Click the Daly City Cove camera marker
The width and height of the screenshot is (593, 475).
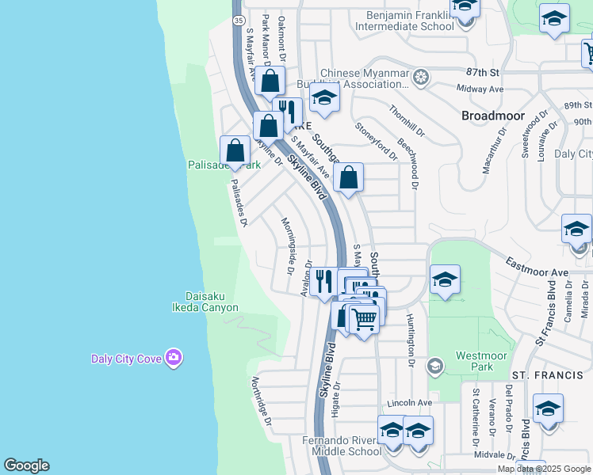(174, 358)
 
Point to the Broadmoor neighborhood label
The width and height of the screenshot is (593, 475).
(493, 116)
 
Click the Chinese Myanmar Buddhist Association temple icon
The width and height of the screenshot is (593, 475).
(421, 77)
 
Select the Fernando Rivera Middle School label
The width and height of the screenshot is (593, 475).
(342, 446)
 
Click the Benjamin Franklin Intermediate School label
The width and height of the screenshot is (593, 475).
(410, 21)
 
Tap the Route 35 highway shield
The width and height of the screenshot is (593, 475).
(237, 21)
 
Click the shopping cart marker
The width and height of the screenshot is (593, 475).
(364, 319)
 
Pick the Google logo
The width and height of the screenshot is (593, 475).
(26, 465)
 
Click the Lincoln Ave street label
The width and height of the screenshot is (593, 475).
(414, 403)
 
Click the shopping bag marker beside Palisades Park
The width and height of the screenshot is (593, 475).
(235, 150)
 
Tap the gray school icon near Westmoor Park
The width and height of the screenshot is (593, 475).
(434, 366)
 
